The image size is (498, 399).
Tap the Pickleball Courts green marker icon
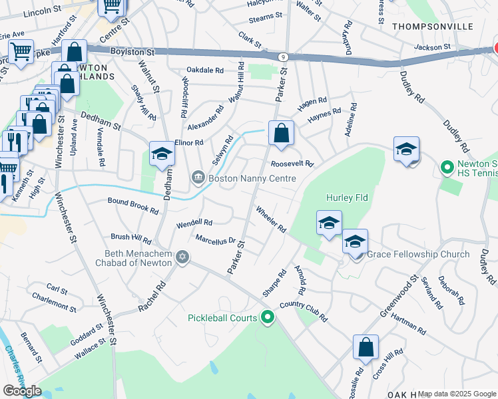[x=268, y=318]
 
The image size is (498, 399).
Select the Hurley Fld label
[x=347, y=198]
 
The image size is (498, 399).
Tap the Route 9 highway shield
[x=284, y=57]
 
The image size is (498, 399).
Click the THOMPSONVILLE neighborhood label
[x=433, y=26]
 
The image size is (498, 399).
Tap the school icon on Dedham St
[x=161, y=154]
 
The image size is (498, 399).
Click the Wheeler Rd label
[x=271, y=219]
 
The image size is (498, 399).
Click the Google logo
[x=22, y=391]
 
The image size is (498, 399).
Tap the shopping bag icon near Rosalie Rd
[x=366, y=347]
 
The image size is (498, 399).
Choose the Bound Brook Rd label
[x=133, y=205]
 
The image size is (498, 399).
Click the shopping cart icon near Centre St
[x=111, y=7]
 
